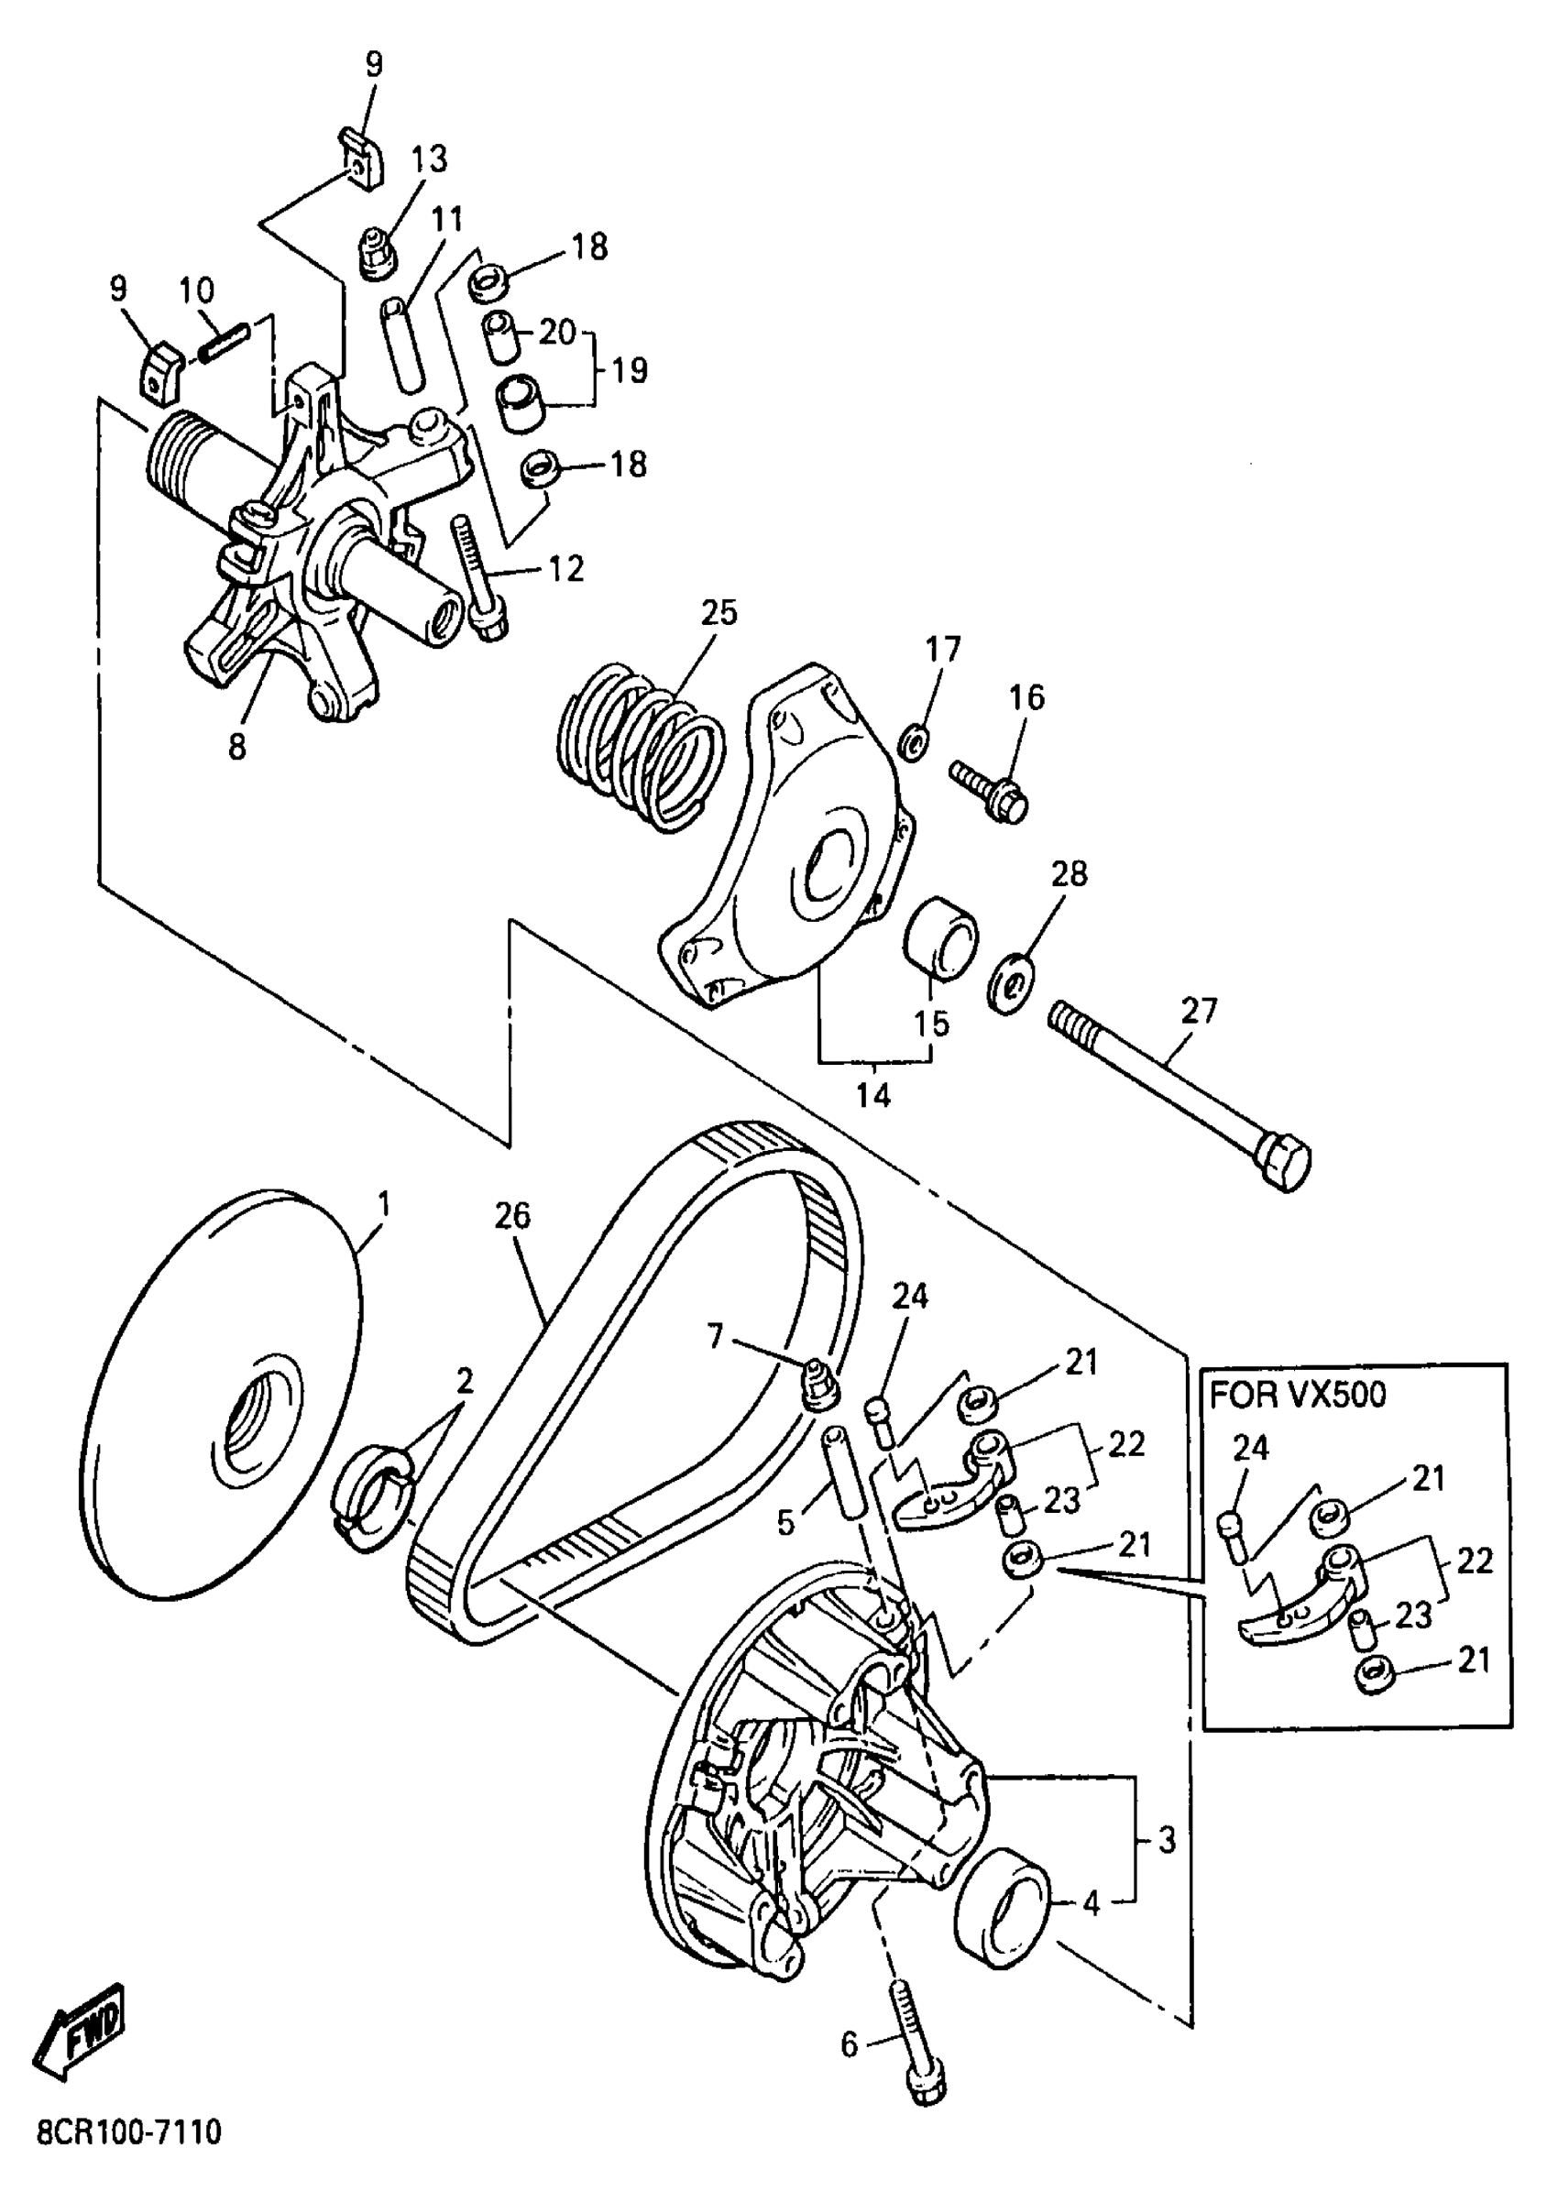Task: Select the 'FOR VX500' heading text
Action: point(1297,1394)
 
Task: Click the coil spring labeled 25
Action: point(642,742)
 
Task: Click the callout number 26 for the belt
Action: point(512,1216)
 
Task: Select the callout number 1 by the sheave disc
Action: point(384,1203)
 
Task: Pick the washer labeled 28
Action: point(1009,985)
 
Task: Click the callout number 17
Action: point(943,650)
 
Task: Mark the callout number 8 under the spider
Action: point(237,746)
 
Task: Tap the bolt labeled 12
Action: point(479,575)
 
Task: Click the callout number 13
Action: point(430,159)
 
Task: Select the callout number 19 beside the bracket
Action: point(630,369)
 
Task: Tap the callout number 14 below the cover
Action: point(873,1094)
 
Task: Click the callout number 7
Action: point(715,1336)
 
